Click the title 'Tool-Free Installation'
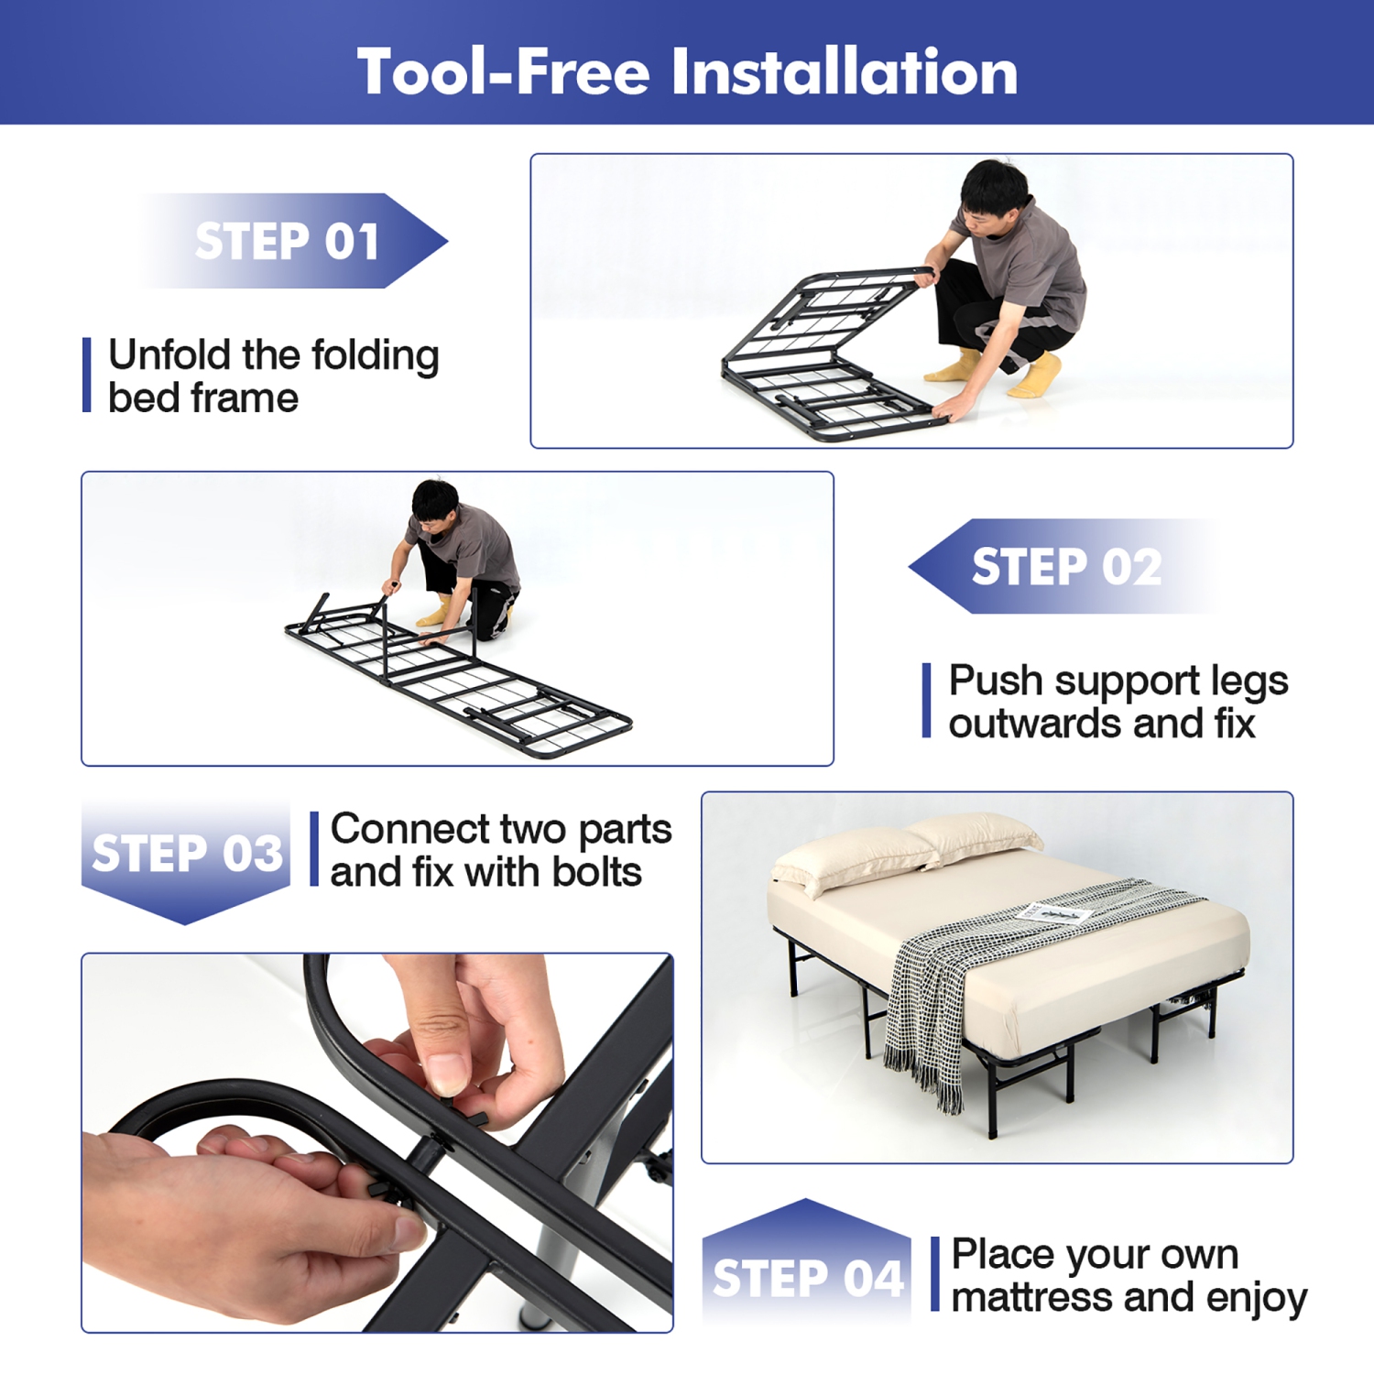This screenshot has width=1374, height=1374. pyautogui.click(x=687, y=71)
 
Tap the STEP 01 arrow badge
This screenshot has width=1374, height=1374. pyautogui.click(x=289, y=241)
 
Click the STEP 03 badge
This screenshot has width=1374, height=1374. pyautogui.click(x=187, y=854)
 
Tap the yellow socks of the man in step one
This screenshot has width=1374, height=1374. pyautogui.click(x=1035, y=376)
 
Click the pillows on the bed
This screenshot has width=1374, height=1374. pyautogui.click(x=907, y=852)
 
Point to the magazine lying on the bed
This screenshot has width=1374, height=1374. pyautogui.click(x=1053, y=913)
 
